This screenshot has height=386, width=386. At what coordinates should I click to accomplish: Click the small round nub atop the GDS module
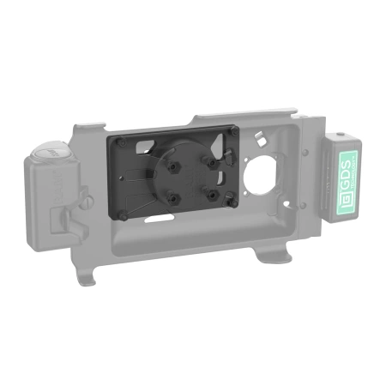(x=342, y=134)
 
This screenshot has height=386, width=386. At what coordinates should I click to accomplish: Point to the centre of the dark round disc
(x=190, y=178)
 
